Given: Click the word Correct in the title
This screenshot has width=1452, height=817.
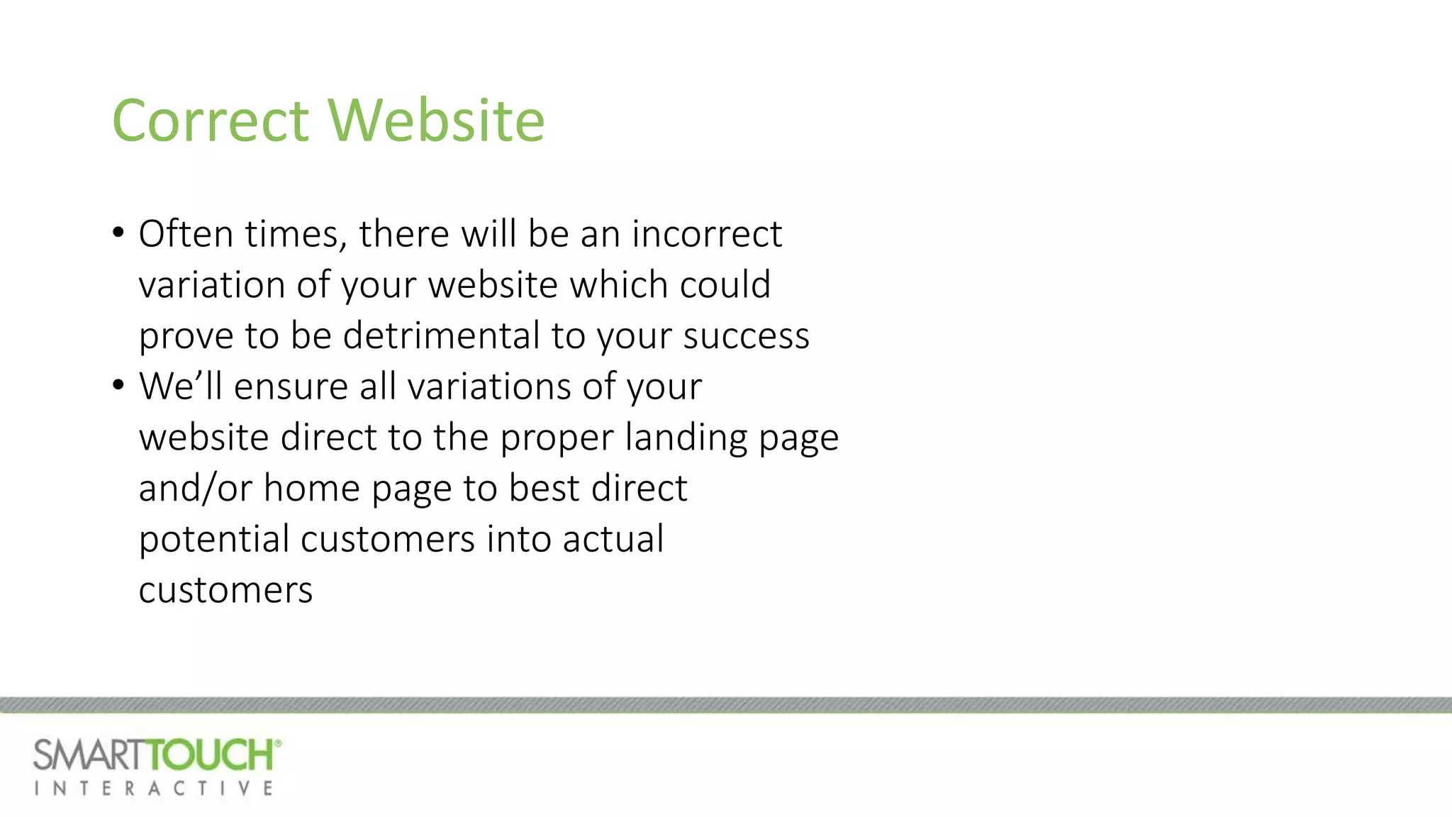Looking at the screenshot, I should coord(211,121).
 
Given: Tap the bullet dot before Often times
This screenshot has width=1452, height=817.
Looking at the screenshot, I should coord(118,232).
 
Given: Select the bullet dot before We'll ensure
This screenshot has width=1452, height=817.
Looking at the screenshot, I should coord(118,384).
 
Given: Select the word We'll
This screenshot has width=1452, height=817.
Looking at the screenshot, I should coord(181,386).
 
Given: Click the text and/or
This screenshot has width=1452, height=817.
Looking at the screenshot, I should coord(195,488).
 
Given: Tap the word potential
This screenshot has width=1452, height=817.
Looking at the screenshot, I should coord(214,539).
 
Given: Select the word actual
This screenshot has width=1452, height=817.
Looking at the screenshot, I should coord(613,538).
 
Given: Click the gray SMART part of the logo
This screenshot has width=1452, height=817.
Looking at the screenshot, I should coord(91,755).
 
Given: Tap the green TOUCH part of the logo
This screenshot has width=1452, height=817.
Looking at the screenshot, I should coord(213,755).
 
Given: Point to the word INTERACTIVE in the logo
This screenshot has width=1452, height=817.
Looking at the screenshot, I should coord(153,789).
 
